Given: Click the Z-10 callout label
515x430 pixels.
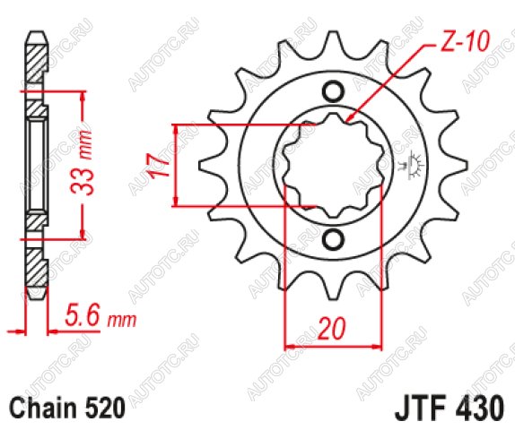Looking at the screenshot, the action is click(464, 41).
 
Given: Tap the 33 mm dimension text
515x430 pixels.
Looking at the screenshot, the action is click(82, 163).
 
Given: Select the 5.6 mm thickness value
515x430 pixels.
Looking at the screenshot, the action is click(100, 315).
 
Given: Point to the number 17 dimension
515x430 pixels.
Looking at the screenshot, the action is click(160, 165).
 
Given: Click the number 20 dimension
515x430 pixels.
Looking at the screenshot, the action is click(332, 328).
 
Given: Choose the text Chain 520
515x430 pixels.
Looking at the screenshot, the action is click(68, 408).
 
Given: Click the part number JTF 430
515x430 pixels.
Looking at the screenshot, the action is click(450, 408).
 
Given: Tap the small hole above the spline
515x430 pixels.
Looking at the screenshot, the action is click(334, 91).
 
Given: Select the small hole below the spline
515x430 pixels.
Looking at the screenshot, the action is click(334, 240).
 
